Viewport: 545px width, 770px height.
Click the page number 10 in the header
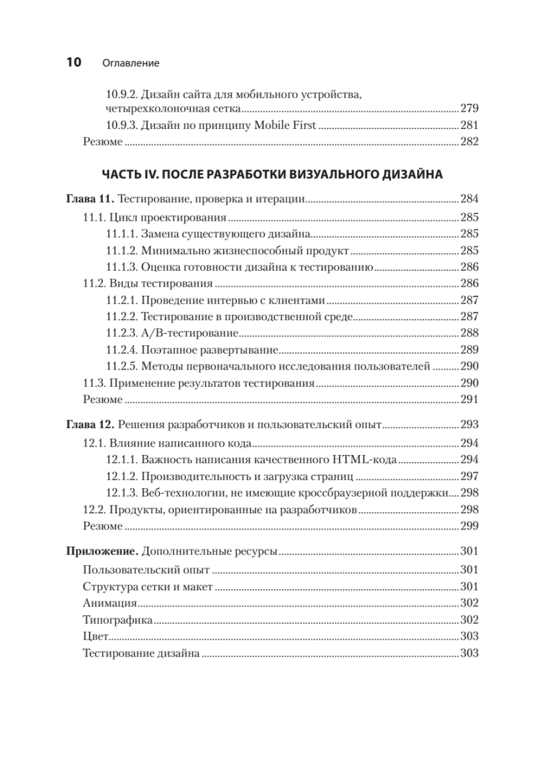coord(73,62)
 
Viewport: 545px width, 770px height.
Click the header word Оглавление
coord(130,64)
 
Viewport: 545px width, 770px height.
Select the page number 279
coord(470,108)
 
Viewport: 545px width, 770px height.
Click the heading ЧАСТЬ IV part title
coord(272,174)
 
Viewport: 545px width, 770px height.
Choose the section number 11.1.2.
coord(121,250)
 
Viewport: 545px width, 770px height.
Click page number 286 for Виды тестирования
coord(470,283)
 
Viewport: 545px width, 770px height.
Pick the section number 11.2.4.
coord(121,350)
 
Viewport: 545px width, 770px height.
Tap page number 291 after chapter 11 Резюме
coord(470,400)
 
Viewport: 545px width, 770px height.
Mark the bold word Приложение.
coord(101,552)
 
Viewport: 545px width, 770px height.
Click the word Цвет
coord(96,637)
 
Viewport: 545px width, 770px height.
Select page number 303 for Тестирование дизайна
coord(470,653)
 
